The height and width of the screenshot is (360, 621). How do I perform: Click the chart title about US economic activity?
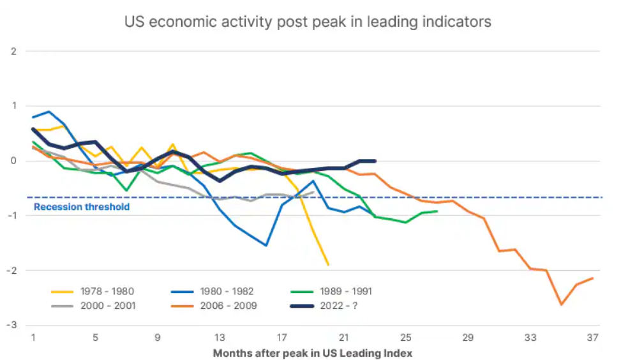[308, 22]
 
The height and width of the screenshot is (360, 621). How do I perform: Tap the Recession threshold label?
[82, 207]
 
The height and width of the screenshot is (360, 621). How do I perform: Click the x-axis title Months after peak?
[313, 353]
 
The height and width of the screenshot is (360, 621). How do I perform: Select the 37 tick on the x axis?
[593, 337]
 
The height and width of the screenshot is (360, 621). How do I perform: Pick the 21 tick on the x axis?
[344, 337]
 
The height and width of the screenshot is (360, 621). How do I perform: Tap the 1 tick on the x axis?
[33, 337]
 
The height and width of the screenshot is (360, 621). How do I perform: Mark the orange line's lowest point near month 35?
[562, 304]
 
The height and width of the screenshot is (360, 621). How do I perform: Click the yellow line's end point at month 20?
[328, 265]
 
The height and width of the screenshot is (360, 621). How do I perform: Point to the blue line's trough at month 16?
[266, 246]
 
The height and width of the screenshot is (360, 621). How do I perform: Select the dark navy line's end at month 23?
[375, 161]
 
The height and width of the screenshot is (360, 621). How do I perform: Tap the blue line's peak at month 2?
[49, 112]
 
